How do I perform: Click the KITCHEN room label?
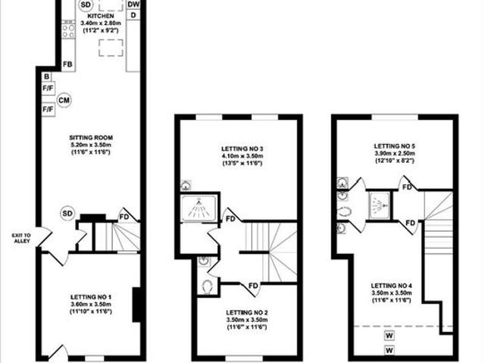coord(101,15)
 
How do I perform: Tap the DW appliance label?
coord(133,5)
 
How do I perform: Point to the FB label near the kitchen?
coord(67,64)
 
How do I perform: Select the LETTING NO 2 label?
coord(245,313)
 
